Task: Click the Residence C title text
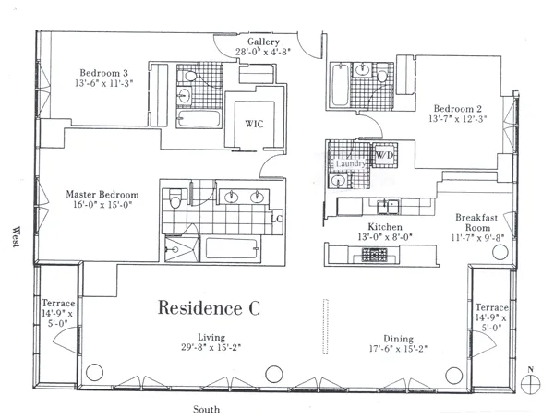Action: click(x=209, y=307)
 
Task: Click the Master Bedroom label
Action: click(x=102, y=195)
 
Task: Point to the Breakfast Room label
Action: click(x=476, y=224)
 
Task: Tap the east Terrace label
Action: click(x=491, y=307)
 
